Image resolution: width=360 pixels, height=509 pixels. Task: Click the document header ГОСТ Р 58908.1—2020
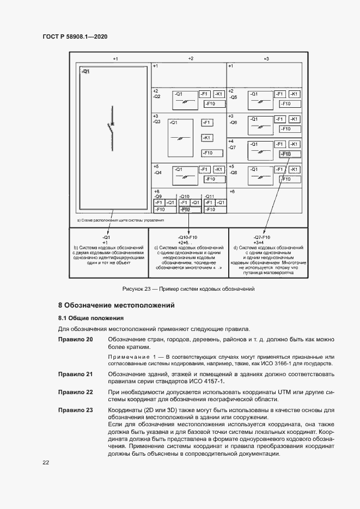pyautogui.click(x=75, y=36)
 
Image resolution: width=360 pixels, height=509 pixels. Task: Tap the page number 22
pyautogui.click(x=46, y=462)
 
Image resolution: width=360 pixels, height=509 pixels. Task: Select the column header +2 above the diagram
pyautogui.click(x=190, y=58)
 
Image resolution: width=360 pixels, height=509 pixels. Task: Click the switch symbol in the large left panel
pyautogui.click(x=111, y=123)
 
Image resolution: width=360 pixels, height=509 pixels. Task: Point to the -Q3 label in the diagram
pyautogui.click(x=157, y=122)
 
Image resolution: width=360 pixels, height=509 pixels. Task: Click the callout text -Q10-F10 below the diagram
pyautogui.click(x=187, y=237)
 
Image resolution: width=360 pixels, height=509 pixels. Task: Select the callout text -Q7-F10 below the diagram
pyautogui.click(x=262, y=237)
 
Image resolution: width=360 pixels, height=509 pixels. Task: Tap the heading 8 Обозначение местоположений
pyautogui.click(x=117, y=306)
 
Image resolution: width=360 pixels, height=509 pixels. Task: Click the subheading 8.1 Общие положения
pyautogui.click(x=91, y=318)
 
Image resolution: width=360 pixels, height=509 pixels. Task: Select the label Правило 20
pyautogui.click(x=75, y=340)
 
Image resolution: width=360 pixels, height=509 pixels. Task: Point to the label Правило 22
pyautogui.click(x=75, y=392)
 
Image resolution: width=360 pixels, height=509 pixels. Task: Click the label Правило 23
pyautogui.click(x=75, y=409)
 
